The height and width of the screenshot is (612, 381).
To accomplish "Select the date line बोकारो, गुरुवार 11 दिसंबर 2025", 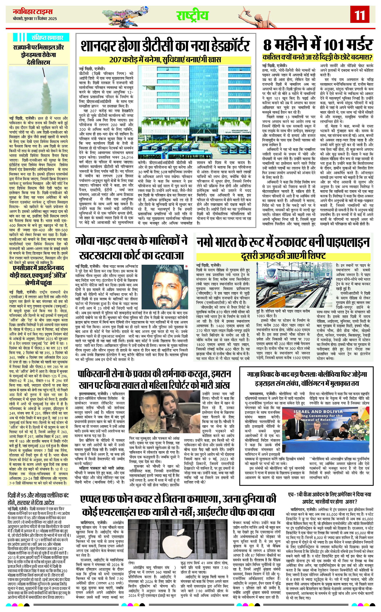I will point(35,19).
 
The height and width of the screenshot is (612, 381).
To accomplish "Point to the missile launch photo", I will point(38,90).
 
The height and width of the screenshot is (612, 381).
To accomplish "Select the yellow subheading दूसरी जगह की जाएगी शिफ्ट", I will point(283,256).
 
